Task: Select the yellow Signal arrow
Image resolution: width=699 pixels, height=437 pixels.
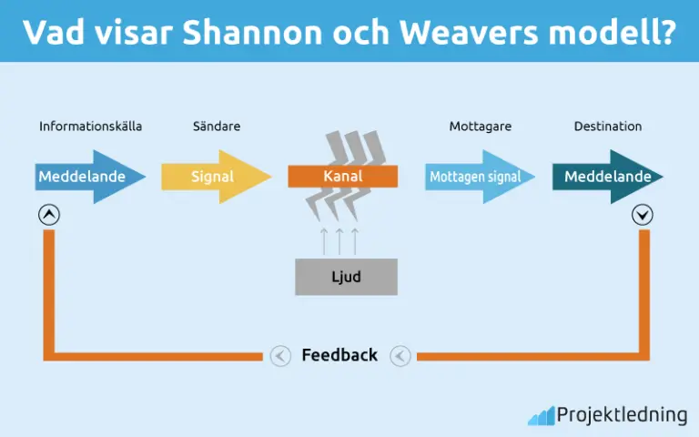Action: [x=215, y=177]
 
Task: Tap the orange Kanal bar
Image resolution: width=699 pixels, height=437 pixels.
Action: [x=342, y=176]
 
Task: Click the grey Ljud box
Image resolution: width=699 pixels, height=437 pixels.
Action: [x=346, y=277]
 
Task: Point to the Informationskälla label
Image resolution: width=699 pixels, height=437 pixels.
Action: [x=90, y=127]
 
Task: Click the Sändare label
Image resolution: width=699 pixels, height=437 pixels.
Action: [x=217, y=127]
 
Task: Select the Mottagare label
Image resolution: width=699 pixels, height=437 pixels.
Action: [x=480, y=127]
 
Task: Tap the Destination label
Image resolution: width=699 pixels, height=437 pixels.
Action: [x=607, y=127]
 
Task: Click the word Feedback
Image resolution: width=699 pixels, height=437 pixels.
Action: [x=339, y=355]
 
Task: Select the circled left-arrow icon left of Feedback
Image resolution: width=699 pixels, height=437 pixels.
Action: [x=280, y=356]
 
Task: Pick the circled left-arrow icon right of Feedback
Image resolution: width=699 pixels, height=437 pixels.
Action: [x=400, y=356]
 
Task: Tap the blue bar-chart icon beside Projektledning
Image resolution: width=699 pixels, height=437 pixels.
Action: [x=541, y=416]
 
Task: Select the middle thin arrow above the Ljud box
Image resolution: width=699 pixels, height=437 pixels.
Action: [x=339, y=241]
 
